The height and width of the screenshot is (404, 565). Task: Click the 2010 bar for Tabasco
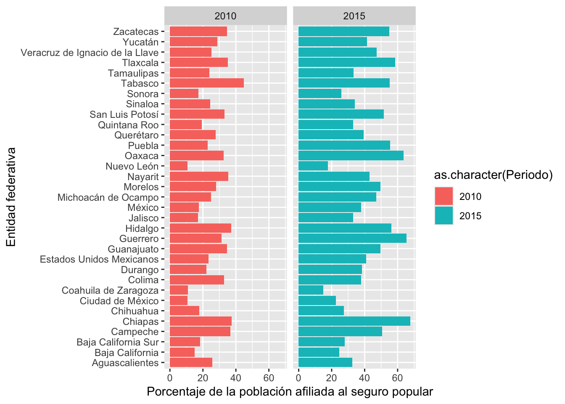coord(207,83)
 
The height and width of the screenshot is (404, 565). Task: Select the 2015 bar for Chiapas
coord(354,321)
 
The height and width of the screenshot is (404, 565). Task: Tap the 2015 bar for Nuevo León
coord(313,166)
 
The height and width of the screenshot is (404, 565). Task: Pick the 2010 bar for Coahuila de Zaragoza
coord(179,290)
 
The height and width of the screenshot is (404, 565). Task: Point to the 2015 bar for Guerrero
coord(352,238)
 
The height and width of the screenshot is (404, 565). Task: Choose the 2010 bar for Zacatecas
coord(198,31)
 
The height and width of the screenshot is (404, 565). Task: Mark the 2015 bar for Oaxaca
coord(351,156)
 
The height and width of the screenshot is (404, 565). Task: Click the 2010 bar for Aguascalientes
coord(191,363)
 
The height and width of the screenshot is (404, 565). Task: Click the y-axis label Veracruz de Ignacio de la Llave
coord(90,53)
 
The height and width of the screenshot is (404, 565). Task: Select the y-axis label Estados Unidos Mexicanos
coord(99,259)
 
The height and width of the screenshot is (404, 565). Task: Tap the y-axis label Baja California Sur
coord(118,342)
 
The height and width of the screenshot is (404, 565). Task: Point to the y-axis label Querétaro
coord(137,135)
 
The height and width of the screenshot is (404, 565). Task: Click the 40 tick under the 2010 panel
coord(235,378)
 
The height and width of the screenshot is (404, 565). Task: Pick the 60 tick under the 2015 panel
coord(397,378)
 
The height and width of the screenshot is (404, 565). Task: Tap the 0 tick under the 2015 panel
coord(298,378)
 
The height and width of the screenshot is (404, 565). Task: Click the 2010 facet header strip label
coord(225,16)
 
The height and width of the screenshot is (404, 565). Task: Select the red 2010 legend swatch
coord(444,196)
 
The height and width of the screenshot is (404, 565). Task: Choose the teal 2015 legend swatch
coord(444,215)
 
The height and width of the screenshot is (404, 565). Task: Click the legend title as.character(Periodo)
coord(493,175)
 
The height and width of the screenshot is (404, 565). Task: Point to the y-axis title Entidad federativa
coord(11,197)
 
